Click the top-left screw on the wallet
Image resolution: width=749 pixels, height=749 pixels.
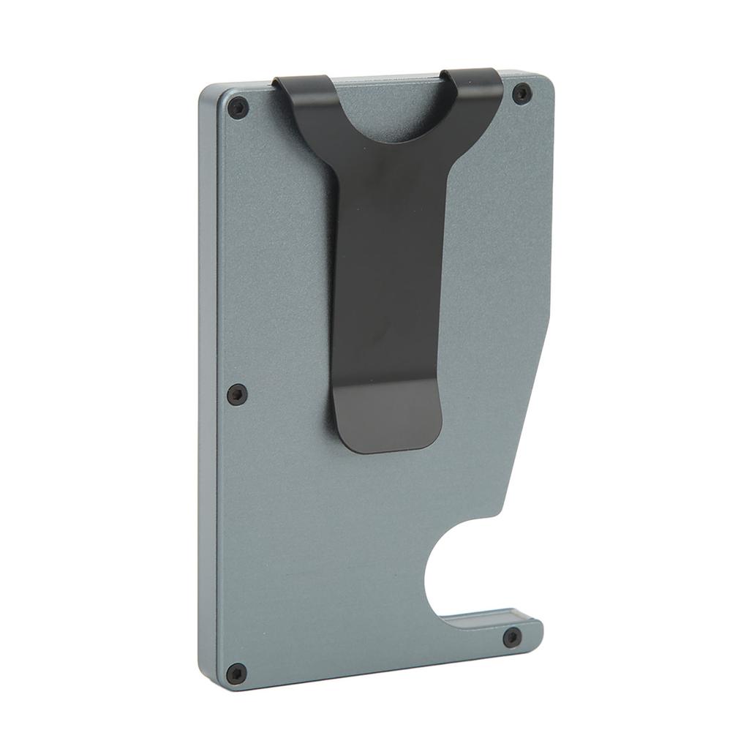(238, 108)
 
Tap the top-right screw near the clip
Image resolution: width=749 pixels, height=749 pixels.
(522, 93)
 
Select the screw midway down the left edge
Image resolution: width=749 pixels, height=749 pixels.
(236, 394)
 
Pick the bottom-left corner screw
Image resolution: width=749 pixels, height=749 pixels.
(236, 672)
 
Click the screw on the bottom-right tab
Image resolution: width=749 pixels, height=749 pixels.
(513, 636)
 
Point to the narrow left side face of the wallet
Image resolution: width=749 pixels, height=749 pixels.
(208, 388)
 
